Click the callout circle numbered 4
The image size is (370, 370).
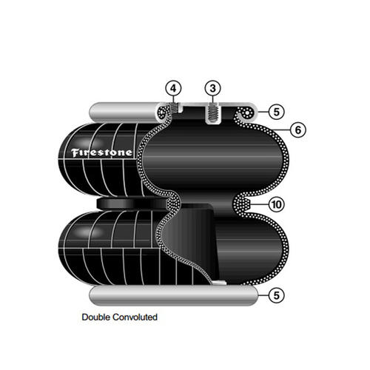pos(173,88)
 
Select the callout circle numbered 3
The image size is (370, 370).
pos(213,88)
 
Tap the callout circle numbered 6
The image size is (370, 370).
pos(298,129)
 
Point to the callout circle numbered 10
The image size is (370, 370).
pos(276,204)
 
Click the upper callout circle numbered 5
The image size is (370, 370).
pos(276,112)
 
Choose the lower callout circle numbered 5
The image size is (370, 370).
pos(276,295)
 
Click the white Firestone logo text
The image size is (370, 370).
pos(101,152)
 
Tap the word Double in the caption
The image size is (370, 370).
pos(96,317)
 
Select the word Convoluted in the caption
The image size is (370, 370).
pos(135,317)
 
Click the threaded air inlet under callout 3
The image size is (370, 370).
pos(213,114)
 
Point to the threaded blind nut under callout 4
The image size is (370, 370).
pos(175,108)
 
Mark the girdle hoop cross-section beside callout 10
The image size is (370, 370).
pos(242,204)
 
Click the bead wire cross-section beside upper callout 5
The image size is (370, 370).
pos(247,113)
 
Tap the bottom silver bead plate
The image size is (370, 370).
pos(173,295)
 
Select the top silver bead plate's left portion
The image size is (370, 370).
pos(124,112)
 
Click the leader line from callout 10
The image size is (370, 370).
pos(259,204)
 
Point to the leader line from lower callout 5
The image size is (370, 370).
pos(263,295)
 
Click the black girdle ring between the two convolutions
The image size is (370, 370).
pos(132,203)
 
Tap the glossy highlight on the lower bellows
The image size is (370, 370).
pos(91,232)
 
